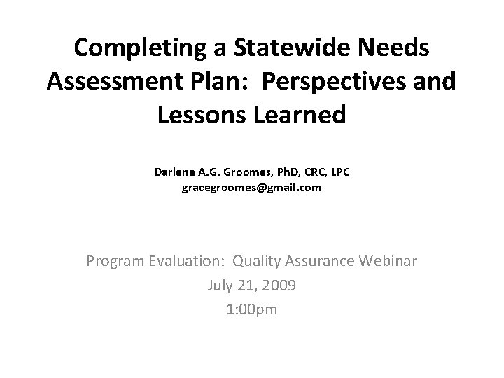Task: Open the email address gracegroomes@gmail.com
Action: tap(252, 188)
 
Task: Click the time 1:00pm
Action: tap(252, 309)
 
